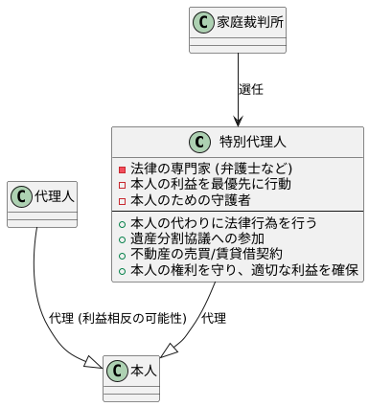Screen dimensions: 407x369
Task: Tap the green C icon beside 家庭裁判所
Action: click(203, 21)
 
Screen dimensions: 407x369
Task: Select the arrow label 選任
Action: click(251, 89)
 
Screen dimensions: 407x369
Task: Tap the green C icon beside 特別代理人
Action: click(201, 142)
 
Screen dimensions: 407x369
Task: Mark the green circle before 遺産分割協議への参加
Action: click(122, 239)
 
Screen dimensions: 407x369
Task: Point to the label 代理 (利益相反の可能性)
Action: click(119, 318)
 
